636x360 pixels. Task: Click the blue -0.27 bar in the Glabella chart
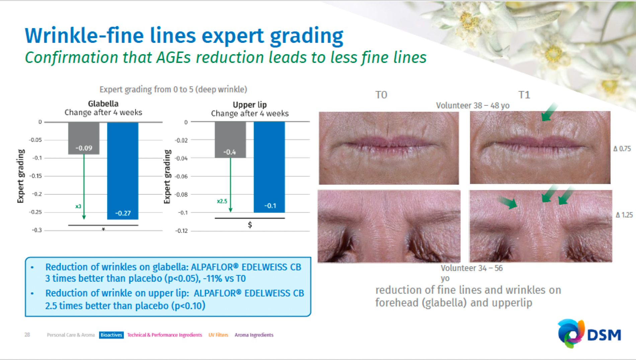[x=123, y=171]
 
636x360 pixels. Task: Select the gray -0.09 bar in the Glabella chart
[x=84, y=138]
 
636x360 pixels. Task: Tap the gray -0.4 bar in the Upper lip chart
[x=230, y=140]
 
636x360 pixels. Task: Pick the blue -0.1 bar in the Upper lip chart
[x=269, y=167]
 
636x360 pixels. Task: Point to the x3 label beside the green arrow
[x=78, y=206]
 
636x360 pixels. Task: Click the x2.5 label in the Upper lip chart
[x=222, y=201]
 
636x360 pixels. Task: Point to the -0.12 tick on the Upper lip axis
[x=181, y=231]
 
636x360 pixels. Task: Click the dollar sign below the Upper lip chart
[x=250, y=225]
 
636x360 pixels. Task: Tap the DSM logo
[x=589, y=334]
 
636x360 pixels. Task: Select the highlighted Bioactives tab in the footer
[x=111, y=335]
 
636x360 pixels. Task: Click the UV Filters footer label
[x=218, y=335]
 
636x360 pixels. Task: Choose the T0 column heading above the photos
[x=381, y=95]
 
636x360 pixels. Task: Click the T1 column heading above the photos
[x=524, y=95]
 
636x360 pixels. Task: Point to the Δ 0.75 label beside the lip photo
[x=622, y=149]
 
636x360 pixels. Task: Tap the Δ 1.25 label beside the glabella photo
[x=624, y=215]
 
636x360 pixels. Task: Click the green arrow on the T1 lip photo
[x=549, y=112]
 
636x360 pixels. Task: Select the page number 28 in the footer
[x=27, y=335]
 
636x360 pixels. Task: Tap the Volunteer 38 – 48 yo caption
[x=473, y=106]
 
